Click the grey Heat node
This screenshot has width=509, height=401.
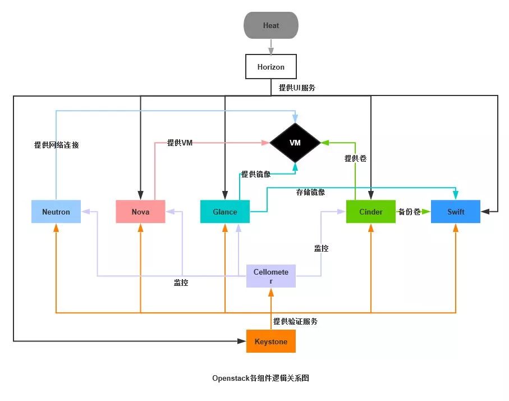click(x=270, y=25)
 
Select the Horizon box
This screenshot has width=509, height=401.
click(x=270, y=67)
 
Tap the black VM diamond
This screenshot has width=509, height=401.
click(x=295, y=143)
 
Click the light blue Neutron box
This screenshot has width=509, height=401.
click(x=56, y=212)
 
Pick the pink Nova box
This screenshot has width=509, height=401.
click(x=140, y=212)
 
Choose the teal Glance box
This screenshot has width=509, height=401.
click(x=224, y=212)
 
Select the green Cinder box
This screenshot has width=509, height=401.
click(x=370, y=212)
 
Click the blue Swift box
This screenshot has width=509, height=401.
click(x=455, y=212)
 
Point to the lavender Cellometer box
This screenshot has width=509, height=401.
click(x=270, y=276)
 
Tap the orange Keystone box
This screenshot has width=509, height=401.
click(x=270, y=341)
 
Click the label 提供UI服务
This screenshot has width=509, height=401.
click(x=297, y=88)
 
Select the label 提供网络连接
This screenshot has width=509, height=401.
click(x=57, y=145)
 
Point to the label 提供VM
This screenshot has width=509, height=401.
click(x=180, y=143)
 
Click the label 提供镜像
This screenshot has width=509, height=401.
click(x=256, y=174)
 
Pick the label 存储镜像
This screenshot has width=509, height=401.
click(x=310, y=192)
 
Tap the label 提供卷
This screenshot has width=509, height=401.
click(x=355, y=159)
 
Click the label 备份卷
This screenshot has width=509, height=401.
click(x=409, y=212)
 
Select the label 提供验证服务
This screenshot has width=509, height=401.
click(x=295, y=321)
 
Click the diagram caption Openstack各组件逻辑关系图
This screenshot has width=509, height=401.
click(x=260, y=378)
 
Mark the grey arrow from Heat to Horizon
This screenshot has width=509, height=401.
click(x=270, y=47)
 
